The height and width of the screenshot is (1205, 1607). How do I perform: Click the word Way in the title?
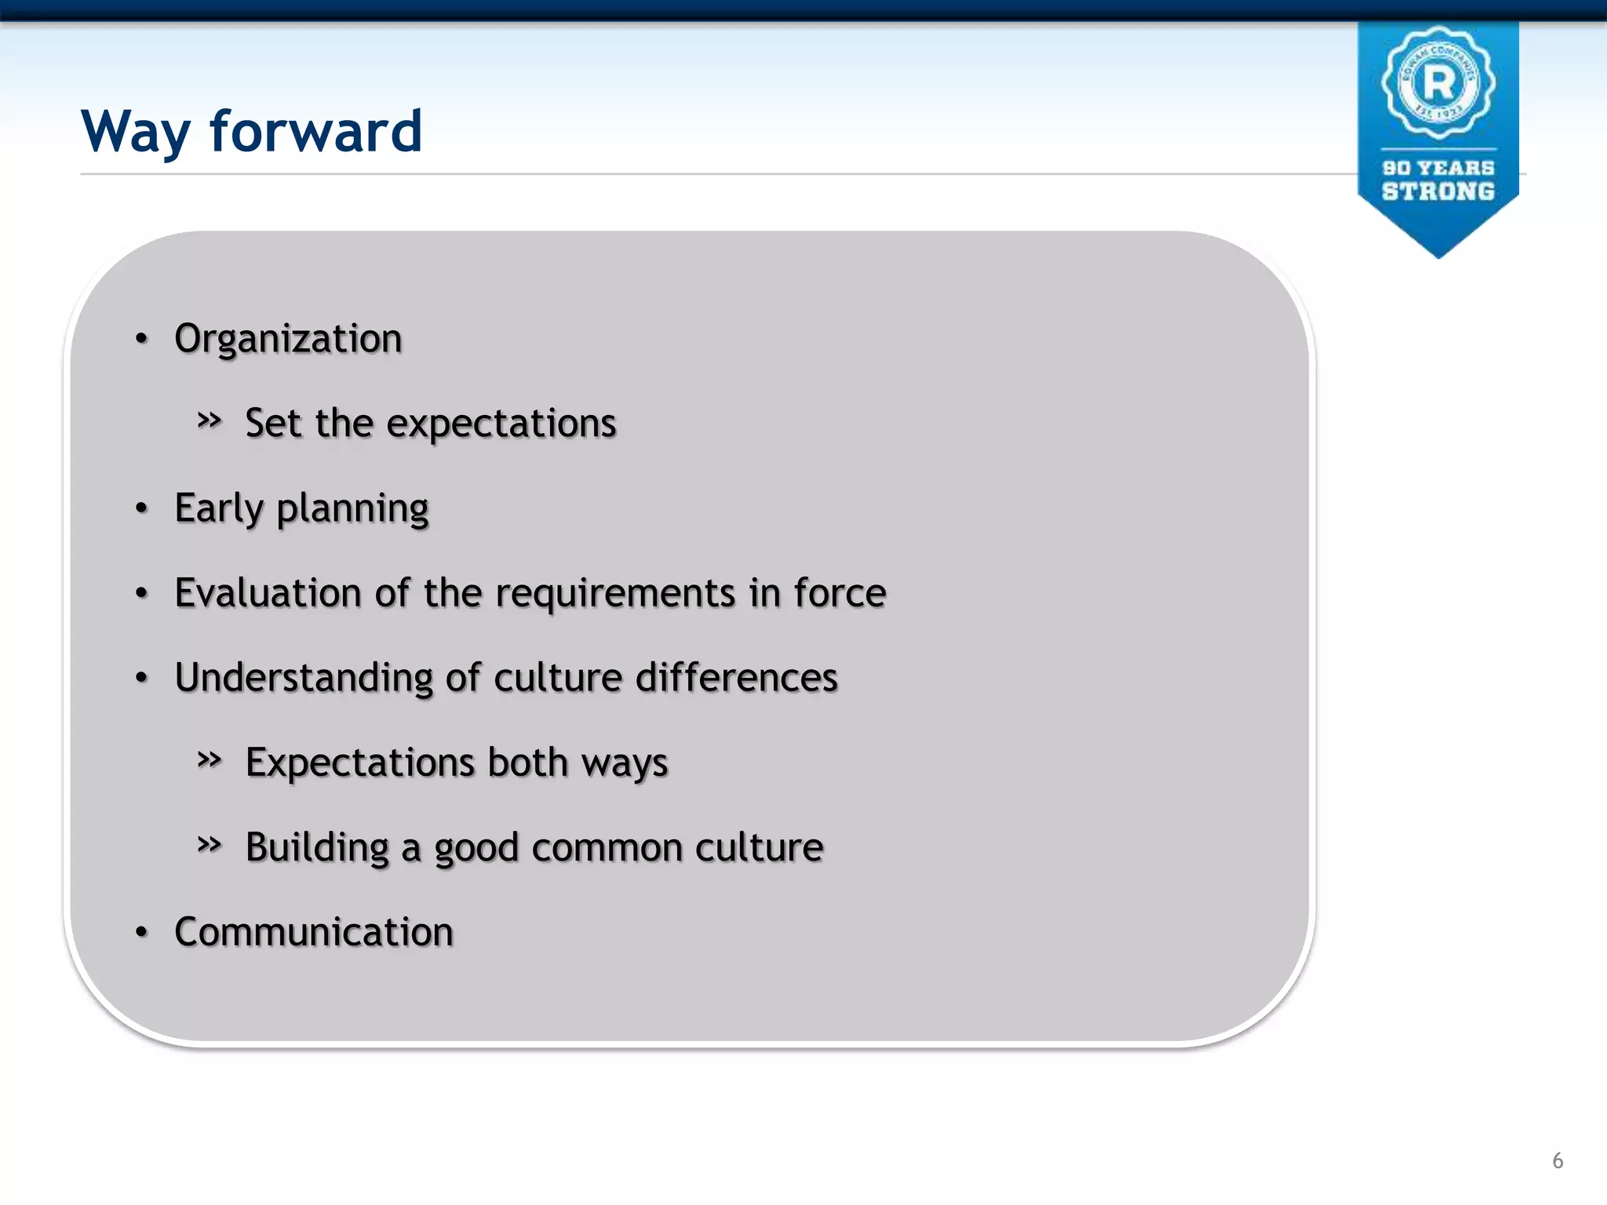(135, 132)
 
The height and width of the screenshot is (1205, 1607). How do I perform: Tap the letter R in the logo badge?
(1438, 82)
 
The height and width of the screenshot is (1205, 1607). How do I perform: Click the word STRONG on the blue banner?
(1438, 191)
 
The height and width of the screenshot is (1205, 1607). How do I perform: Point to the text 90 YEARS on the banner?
(1438, 168)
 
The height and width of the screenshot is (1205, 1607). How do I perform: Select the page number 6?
(1558, 1160)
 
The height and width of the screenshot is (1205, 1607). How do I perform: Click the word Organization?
(288, 340)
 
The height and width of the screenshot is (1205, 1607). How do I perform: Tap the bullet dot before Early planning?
(141, 508)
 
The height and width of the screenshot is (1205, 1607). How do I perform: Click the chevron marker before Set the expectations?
(209, 420)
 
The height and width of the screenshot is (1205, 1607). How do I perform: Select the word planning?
(352, 510)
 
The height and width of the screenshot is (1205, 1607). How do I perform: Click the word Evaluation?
(267, 593)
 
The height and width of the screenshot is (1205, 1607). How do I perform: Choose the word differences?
(736, 678)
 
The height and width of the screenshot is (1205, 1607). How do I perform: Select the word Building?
(317, 849)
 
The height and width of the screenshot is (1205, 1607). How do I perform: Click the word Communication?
(314, 932)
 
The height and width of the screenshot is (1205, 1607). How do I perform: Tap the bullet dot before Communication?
(141, 932)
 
